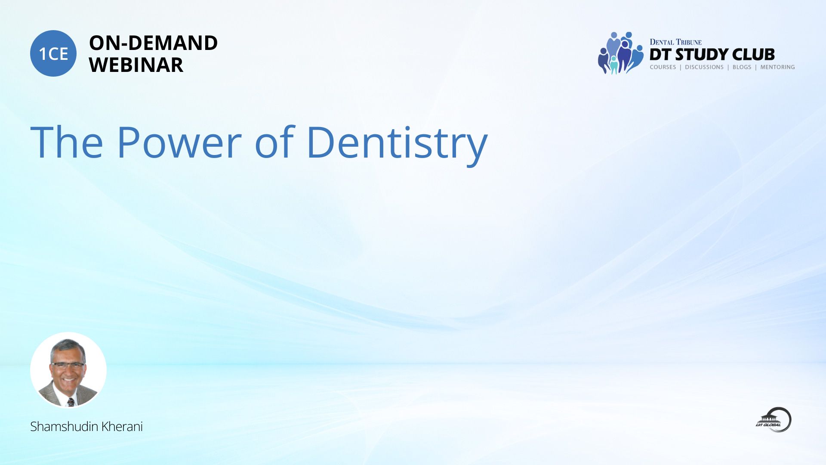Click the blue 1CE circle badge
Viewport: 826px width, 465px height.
point(53,53)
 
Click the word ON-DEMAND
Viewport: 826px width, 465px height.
point(153,43)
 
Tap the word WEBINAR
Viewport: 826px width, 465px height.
point(136,65)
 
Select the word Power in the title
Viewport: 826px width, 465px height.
point(179,142)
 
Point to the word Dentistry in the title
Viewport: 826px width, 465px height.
point(397,145)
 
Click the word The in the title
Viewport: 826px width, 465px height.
point(67,142)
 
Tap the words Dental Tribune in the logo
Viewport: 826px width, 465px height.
point(675,42)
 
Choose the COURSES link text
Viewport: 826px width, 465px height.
point(663,67)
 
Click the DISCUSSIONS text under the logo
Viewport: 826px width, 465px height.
point(704,67)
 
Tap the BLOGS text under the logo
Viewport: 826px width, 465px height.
point(742,67)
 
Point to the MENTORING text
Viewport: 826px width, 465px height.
point(777,67)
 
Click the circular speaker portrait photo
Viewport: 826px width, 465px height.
point(68,370)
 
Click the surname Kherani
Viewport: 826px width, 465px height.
point(122,426)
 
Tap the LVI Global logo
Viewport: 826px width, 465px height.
point(774,419)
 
